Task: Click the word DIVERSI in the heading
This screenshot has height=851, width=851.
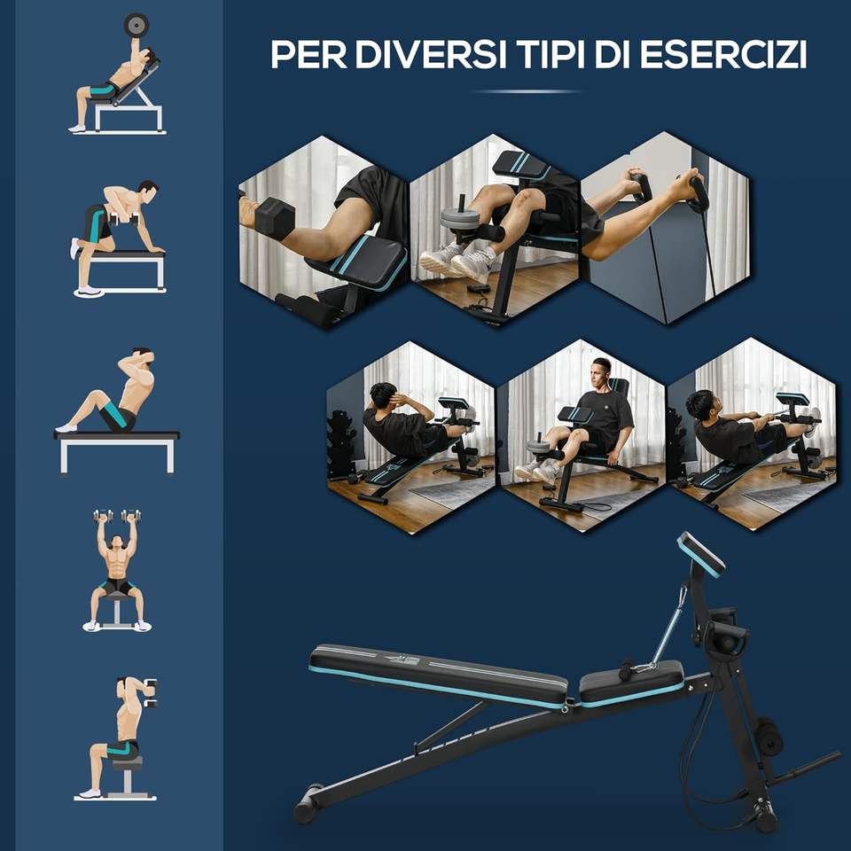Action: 432,54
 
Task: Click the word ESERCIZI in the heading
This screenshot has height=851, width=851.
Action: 724,54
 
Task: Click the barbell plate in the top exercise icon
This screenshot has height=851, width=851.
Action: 136,25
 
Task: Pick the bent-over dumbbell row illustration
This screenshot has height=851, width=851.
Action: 118,238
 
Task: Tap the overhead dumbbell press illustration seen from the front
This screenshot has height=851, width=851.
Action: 117,570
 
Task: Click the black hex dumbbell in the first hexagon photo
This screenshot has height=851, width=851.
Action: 274,218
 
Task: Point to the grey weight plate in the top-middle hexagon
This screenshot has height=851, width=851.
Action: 460,218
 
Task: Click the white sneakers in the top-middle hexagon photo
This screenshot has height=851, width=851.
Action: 457,261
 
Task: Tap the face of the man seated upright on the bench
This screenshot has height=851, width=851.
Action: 599,374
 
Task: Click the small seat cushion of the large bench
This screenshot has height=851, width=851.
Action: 631,683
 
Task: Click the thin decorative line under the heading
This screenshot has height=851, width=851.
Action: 526,91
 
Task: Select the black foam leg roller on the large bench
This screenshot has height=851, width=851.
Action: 769,736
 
